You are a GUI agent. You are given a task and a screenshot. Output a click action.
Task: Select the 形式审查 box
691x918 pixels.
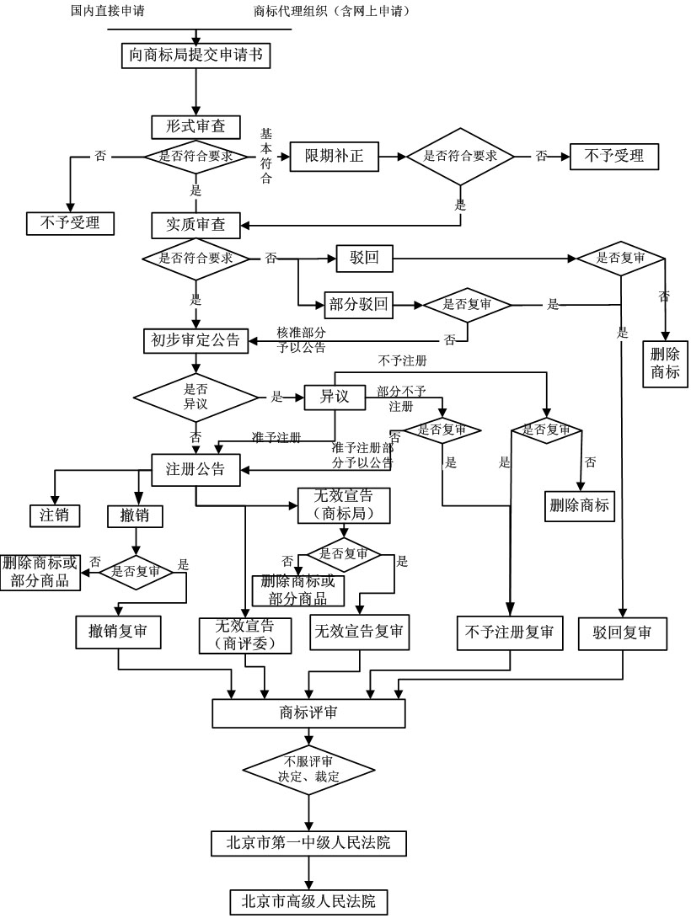click(x=196, y=126)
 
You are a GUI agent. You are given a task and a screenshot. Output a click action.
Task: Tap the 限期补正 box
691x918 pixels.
click(x=334, y=157)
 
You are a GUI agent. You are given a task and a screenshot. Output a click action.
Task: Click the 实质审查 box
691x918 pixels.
click(x=196, y=224)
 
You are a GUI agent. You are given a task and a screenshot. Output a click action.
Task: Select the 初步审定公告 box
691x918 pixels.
click(x=196, y=340)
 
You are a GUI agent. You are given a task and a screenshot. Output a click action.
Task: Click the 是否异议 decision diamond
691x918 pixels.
click(x=196, y=395)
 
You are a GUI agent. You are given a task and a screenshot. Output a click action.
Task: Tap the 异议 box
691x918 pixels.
click(x=334, y=396)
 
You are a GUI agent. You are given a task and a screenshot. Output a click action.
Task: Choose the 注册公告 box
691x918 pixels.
click(x=196, y=469)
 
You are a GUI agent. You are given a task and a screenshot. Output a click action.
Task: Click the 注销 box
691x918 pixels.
click(x=55, y=515)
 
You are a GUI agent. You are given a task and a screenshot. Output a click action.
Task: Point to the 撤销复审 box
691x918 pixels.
click(x=118, y=632)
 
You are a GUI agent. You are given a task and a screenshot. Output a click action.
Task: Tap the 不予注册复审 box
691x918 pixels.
click(x=510, y=633)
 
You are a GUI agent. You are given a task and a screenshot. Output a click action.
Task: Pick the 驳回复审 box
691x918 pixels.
click(x=622, y=633)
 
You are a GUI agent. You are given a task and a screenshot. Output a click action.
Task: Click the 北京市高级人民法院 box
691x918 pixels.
click(x=308, y=899)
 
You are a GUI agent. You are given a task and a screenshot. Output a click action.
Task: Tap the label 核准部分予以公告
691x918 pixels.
click(x=302, y=339)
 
